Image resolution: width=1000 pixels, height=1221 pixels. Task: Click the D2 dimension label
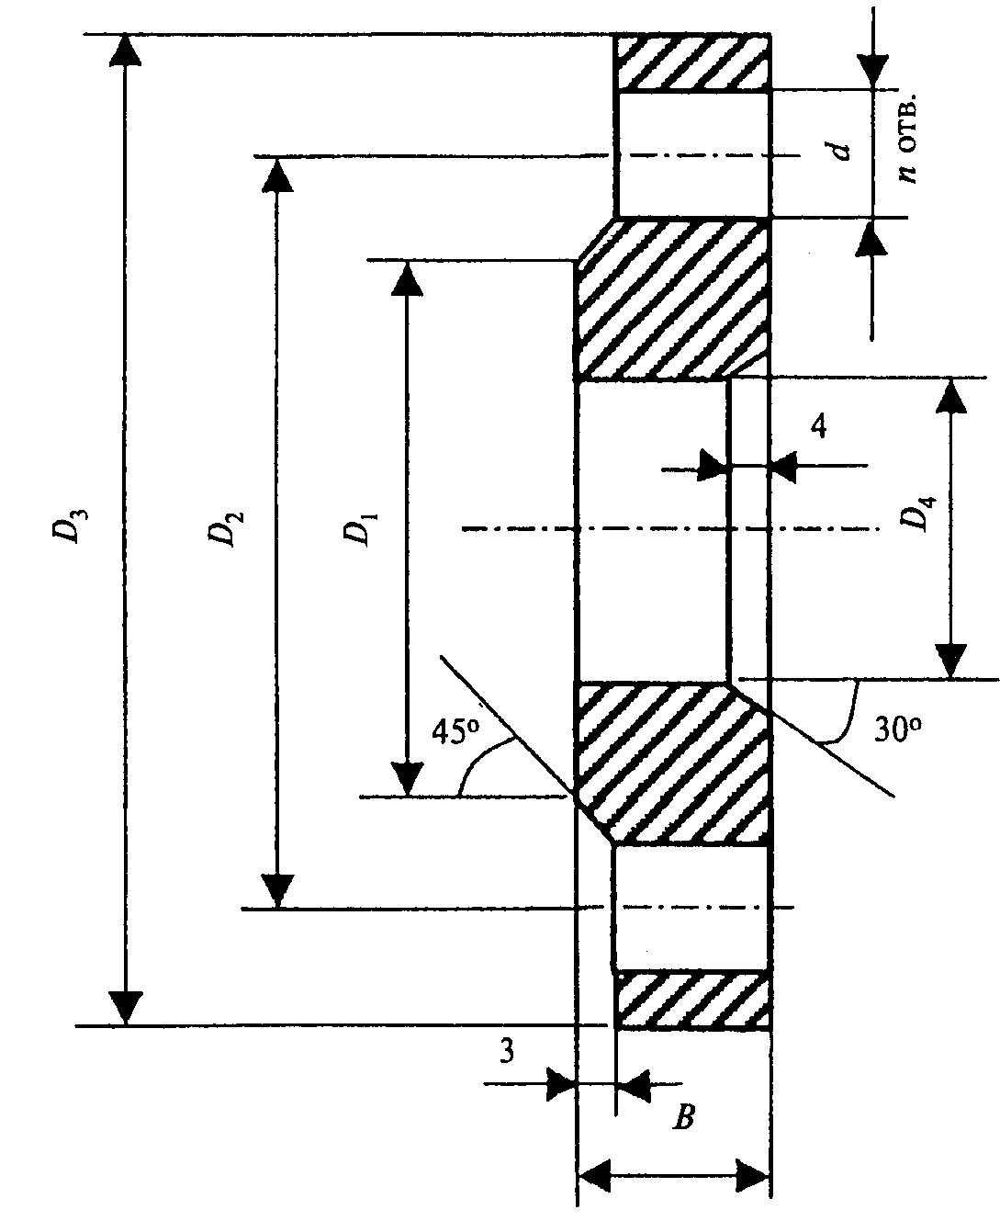point(226,528)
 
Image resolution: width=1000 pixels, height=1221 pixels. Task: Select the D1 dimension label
point(359,528)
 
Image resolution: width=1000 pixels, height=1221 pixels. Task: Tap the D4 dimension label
point(918,513)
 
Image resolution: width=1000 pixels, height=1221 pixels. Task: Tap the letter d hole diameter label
point(839,151)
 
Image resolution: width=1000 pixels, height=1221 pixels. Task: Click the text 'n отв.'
point(908,137)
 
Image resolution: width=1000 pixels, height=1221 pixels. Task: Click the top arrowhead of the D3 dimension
point(125,51)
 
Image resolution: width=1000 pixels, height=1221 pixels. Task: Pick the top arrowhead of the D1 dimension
point(407,277)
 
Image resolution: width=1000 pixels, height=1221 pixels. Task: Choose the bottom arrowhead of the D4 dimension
point(950,661)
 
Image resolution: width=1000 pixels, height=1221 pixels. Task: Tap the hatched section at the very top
point(692,62)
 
